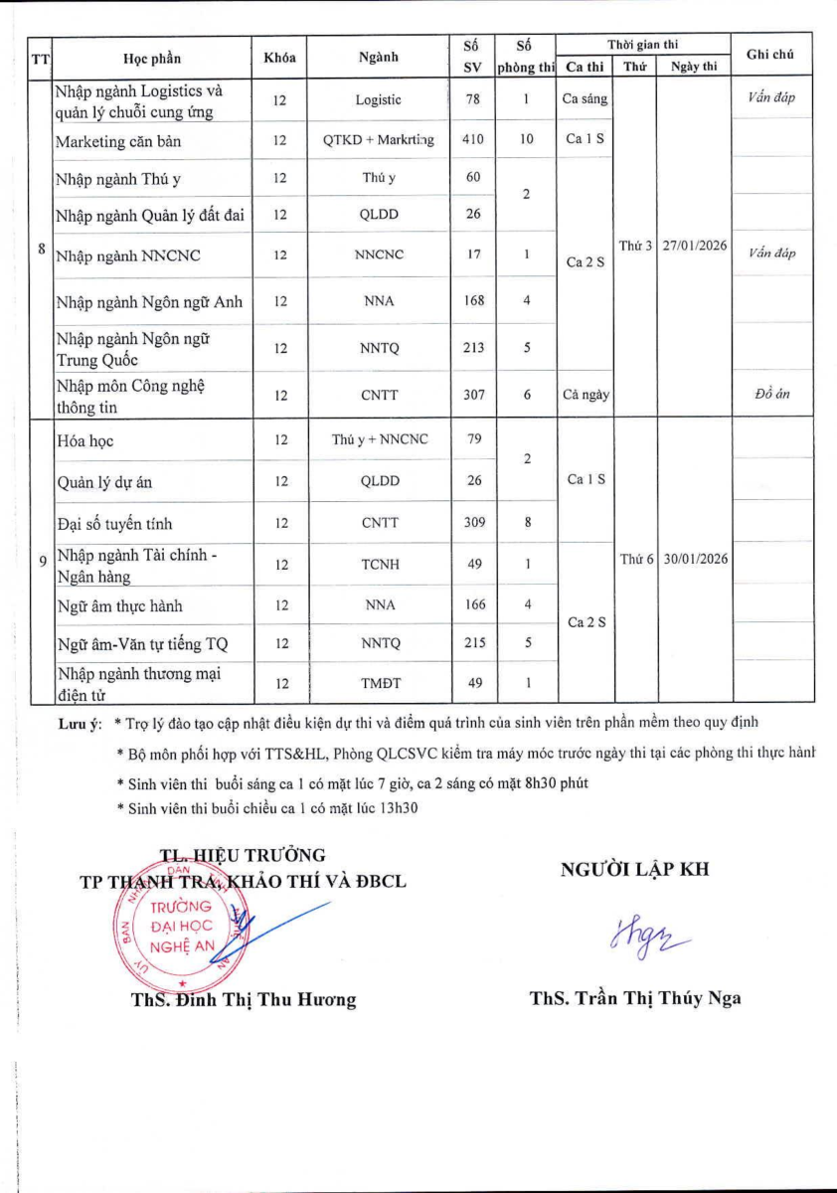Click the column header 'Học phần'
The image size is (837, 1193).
tap(152, 58)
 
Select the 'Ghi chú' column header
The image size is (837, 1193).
tap(769, 55)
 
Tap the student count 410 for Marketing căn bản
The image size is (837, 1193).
tap(473, 140)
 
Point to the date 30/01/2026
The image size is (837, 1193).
tap(694, 559)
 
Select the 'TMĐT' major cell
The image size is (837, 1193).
tap(380, 683)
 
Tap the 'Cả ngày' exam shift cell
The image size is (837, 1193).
tap(585, 395)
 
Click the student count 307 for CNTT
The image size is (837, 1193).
tap(473, 395)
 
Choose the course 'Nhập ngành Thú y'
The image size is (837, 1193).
tap(118, 179)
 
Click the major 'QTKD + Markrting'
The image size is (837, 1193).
tap(380, 140)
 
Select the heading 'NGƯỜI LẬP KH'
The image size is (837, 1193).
tap(635, 870)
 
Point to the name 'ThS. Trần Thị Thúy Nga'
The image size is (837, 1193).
tap(635, 999)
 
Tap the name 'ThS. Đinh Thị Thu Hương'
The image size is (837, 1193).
tap(243, 1000)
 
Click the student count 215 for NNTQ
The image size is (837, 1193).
tap(473, 643)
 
